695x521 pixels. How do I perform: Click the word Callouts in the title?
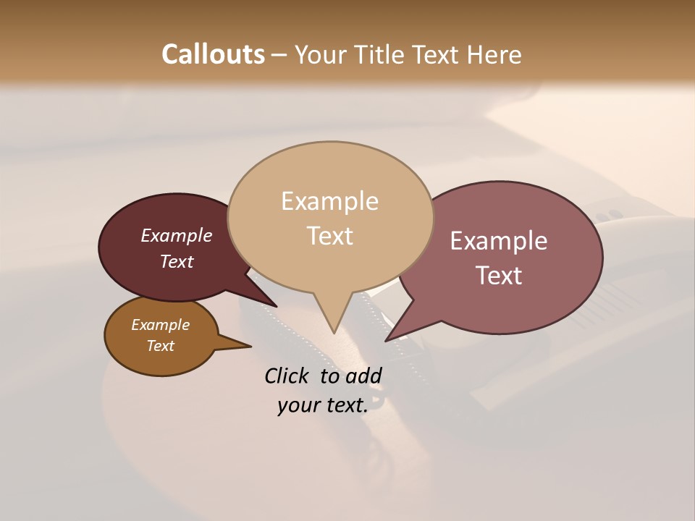point(213,54)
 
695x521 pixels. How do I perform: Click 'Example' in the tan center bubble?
point(329,201)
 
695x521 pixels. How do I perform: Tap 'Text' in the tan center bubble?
point(329,236)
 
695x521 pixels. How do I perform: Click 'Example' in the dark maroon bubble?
point(176,235)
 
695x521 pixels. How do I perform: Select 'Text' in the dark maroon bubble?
point(176,261)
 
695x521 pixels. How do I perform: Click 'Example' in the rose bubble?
point(499,241)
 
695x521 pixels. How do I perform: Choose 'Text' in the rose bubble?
point(499,276)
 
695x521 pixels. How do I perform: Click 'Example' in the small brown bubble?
point(160,325)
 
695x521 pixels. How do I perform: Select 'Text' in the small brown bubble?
point(160,346)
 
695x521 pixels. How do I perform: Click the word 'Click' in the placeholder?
point(288,376)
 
